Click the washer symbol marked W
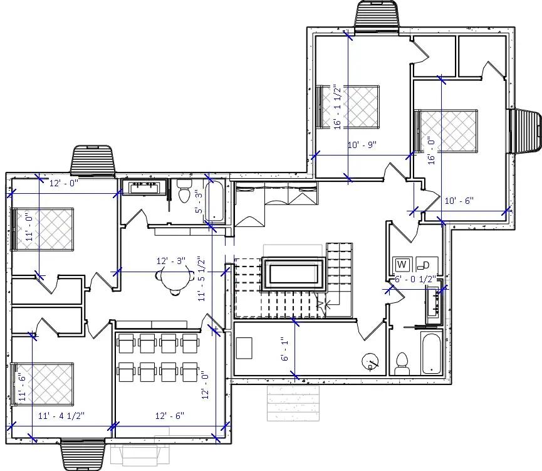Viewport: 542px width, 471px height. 401,264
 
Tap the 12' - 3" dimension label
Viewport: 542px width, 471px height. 171,261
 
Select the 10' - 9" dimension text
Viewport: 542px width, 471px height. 362,145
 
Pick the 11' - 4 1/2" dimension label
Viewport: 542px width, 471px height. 61,415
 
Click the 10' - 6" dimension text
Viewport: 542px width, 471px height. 459,201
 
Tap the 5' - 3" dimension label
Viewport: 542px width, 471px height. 199,202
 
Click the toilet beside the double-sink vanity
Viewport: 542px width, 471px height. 184,191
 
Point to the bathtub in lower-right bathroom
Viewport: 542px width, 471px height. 430,354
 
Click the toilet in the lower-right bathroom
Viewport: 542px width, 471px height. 402,363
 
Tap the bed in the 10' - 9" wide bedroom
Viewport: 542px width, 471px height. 351,105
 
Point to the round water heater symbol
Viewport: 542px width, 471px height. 370,362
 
